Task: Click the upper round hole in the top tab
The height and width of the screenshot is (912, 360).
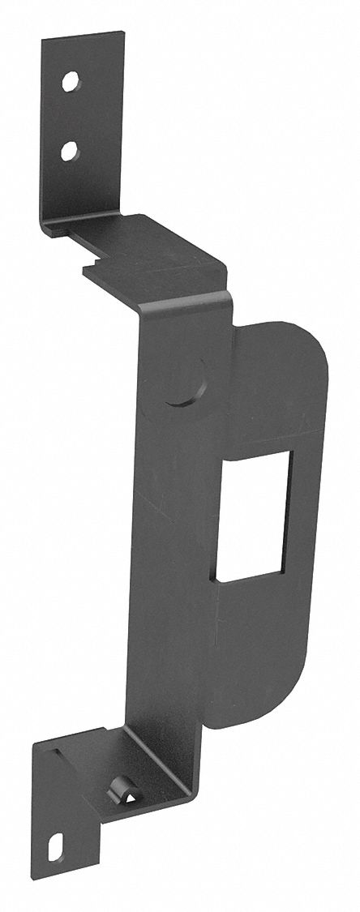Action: tap(71, 81)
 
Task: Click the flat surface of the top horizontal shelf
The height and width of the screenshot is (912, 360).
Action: tap(150, 251)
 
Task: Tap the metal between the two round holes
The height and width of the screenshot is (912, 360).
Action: tap(71, 115)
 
